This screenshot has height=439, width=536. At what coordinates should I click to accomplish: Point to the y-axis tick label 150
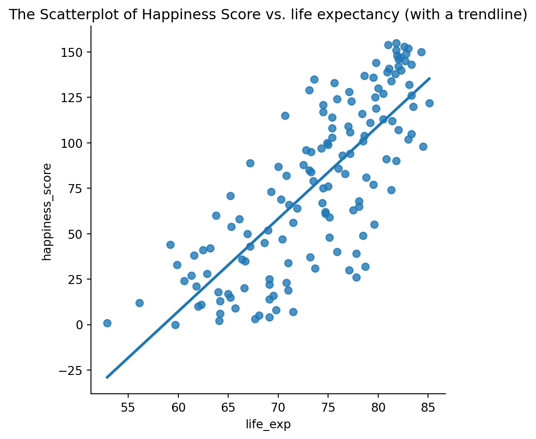[74, 52]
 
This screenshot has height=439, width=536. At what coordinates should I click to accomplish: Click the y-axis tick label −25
[72, 370]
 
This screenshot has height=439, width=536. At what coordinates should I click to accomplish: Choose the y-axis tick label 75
[77, 189]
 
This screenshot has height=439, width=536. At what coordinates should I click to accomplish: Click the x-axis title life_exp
[268, 424]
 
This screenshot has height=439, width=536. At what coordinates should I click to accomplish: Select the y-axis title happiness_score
[48, 211]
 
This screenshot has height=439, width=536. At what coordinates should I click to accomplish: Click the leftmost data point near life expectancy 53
[107, 323]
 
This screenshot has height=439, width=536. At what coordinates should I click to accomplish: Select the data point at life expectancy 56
[139, 303]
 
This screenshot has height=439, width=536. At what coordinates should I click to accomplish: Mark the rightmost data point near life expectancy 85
[429, 103]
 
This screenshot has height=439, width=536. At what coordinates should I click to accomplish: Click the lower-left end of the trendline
[107, 377]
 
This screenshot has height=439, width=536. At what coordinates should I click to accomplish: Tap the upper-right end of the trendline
[429, 78]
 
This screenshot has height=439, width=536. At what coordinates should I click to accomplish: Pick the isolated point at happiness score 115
[285, 116]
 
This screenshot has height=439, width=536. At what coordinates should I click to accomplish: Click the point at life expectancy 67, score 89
[250, 163]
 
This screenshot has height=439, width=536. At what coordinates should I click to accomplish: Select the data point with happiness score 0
[175, 325]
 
